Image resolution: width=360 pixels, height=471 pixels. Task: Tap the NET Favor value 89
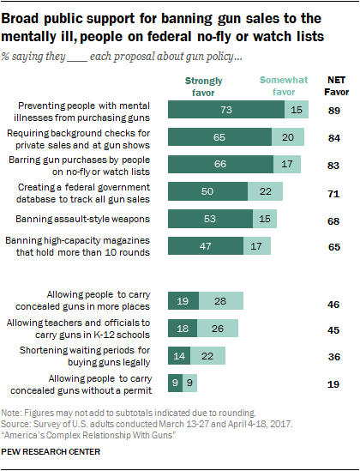(335, 111)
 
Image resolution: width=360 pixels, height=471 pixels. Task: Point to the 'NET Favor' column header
(335, 86)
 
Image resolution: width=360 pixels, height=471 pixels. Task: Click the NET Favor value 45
(335, 328)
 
